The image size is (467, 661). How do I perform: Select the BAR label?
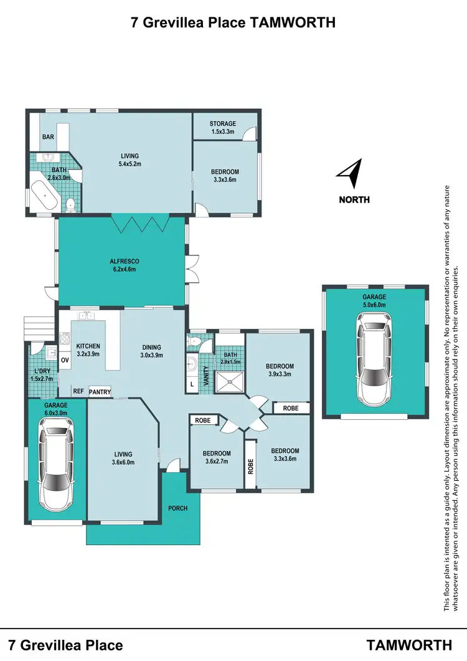click(x=48, y=137)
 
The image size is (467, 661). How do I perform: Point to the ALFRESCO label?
click(x=123, y=261)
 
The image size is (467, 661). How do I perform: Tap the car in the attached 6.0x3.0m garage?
click(x=56, y=460)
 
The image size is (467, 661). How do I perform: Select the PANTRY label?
click(x=100, y=392)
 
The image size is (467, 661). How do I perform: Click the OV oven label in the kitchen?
click(x=65, y=360)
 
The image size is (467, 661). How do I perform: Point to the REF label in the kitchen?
click(x=78, y=391)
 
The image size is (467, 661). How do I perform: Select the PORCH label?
click(x=177, y=508)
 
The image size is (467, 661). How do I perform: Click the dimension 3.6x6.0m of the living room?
click(x=123, y=462)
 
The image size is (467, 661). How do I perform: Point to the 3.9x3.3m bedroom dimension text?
click(x=279, y=374)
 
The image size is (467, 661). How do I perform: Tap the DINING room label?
click(x=151, y=348)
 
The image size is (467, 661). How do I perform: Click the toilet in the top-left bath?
click(x=70, y=202)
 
